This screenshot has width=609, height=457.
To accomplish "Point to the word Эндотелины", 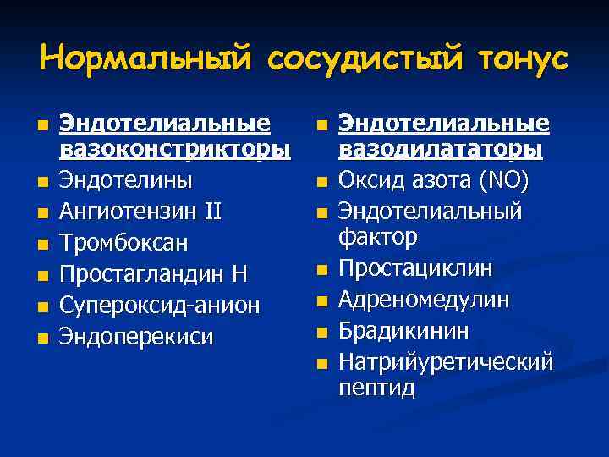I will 126,180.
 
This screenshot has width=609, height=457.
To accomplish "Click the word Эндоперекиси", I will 136,336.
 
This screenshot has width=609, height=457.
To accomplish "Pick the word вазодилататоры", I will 441,150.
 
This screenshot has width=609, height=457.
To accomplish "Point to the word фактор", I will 378,237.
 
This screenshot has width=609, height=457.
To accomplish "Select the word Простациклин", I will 415,268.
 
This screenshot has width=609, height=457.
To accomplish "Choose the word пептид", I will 376,388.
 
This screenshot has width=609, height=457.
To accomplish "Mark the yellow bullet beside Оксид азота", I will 321,182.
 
